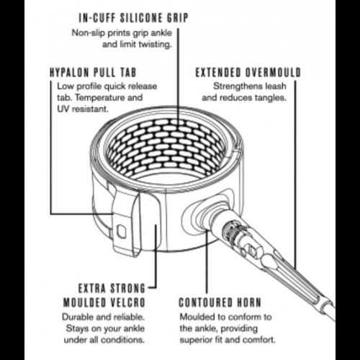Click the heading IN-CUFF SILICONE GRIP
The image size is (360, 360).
point(133,18)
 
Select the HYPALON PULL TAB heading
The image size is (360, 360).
point(93,73)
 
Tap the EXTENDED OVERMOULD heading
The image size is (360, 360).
point(248,73)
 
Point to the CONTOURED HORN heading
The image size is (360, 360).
point(220,302)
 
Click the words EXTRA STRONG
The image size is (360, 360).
point(112,288)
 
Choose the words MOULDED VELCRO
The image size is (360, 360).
point(104,302)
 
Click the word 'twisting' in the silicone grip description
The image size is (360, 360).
point(156,45)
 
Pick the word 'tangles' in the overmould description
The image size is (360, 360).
point(271,98)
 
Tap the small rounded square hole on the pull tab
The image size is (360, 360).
point(121,231)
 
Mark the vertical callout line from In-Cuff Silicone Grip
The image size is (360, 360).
point(178,76)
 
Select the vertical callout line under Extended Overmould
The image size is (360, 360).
point(295,175)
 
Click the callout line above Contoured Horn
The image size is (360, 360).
point(207,261)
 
